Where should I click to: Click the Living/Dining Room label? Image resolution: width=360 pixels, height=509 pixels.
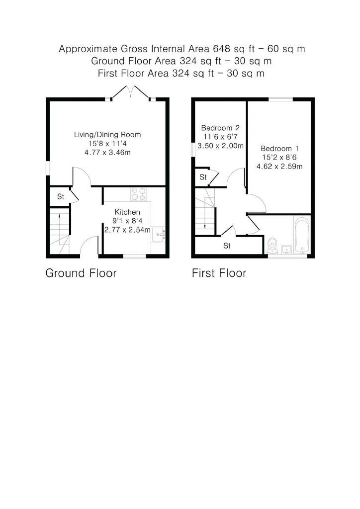(x=107, y=134)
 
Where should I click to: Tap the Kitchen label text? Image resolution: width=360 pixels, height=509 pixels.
(x=127, y=212)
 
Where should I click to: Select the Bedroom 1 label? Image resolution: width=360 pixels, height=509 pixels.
(x=279, y=148)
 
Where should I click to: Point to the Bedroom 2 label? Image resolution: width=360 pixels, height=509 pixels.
(x=220, y=128)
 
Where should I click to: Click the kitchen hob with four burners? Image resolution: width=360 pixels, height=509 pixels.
(x=139, y=194)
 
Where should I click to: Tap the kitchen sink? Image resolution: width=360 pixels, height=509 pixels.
(x=159, y=234)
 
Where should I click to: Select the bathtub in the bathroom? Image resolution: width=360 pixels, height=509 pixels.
(x=302, y=235)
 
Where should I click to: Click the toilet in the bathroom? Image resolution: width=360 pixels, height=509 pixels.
(x=272, y=246)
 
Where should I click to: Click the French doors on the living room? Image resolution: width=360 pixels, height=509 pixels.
(x=130, y=92)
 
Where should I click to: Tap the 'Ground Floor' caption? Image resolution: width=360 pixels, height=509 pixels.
(x=81, y=273)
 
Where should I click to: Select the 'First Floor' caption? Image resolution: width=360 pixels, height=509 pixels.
(x=219, y=273)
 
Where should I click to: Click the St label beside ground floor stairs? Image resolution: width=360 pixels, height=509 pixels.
(x=61, y=196)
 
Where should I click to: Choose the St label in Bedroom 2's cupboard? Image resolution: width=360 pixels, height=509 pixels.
(x=203, y=177)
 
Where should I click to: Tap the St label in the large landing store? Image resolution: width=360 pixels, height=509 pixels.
(x=227, y=246)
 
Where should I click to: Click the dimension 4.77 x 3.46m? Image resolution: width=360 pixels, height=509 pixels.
(x=107, y=152)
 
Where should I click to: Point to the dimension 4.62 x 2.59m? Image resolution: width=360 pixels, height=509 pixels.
(x=279, y=167)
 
